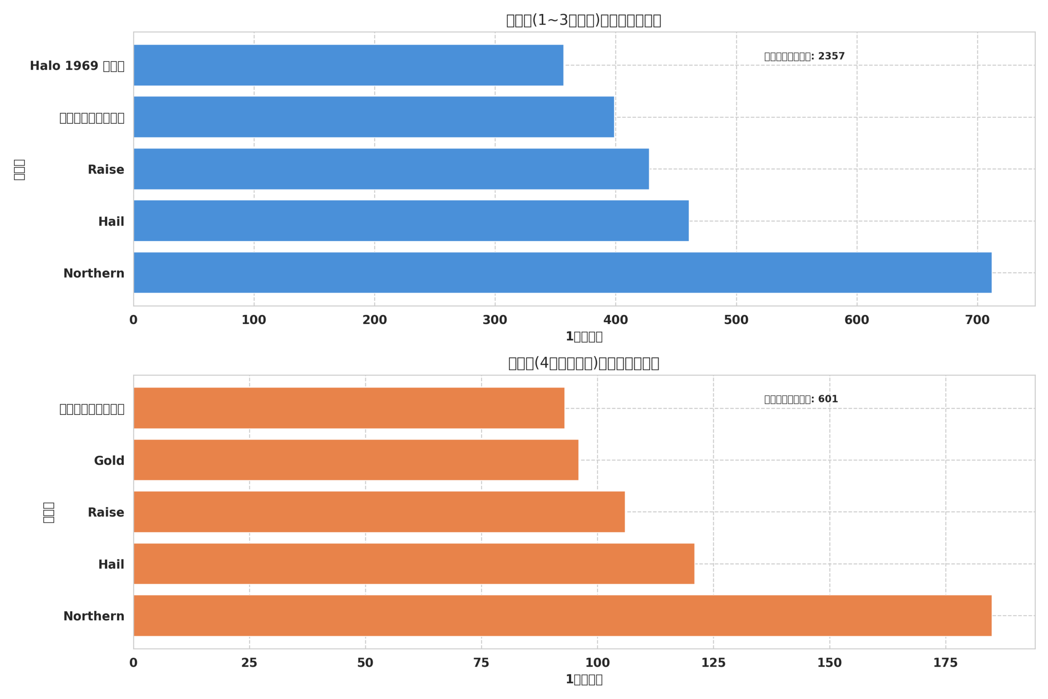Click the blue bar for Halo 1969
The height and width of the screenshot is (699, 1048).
(x=348, y=65)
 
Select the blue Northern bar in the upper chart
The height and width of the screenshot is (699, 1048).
(x=562, y=273)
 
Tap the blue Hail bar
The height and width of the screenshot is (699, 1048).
(x=411, y=221)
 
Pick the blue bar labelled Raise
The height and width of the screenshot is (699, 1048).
(x=391, y=169)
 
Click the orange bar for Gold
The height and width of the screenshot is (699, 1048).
(x=356, y=460)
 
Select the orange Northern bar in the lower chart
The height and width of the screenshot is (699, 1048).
(x=562, y=615)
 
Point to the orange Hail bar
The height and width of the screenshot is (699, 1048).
(x=414, y=563)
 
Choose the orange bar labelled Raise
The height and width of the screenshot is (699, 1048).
(x=379, y=512)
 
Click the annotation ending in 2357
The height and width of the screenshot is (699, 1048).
(x=804, y=56)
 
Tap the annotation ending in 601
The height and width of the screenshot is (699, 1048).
(x=801, y=399)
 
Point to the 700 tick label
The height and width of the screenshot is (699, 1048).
(x=977, y=320)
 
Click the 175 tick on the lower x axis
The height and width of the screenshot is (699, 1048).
(x=946, y=663)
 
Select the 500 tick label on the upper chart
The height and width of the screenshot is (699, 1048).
(x=736, y=320)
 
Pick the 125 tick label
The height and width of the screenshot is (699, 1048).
(x=714, y=663)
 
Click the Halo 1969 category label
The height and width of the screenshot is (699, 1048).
(x=77, y=66)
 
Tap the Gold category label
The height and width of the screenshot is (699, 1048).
(x=109, y=461)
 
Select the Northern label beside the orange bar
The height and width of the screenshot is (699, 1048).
(x=94, y=616)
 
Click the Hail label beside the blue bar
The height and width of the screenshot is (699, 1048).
(x=111, y=222)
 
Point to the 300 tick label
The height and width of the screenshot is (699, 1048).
(x=495, y=320)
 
